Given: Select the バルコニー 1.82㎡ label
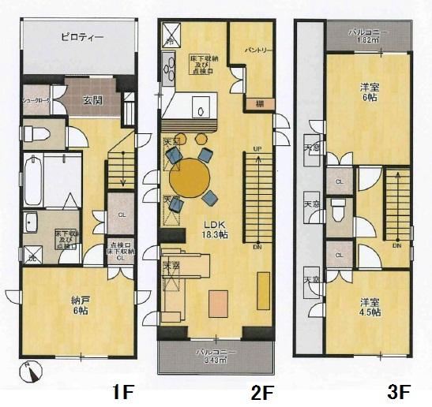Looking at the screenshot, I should (368, 35).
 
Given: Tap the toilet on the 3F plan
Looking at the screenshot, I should (337, 211).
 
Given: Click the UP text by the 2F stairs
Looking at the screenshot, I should (257, 148).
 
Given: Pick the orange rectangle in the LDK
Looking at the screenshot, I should (217, 301).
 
